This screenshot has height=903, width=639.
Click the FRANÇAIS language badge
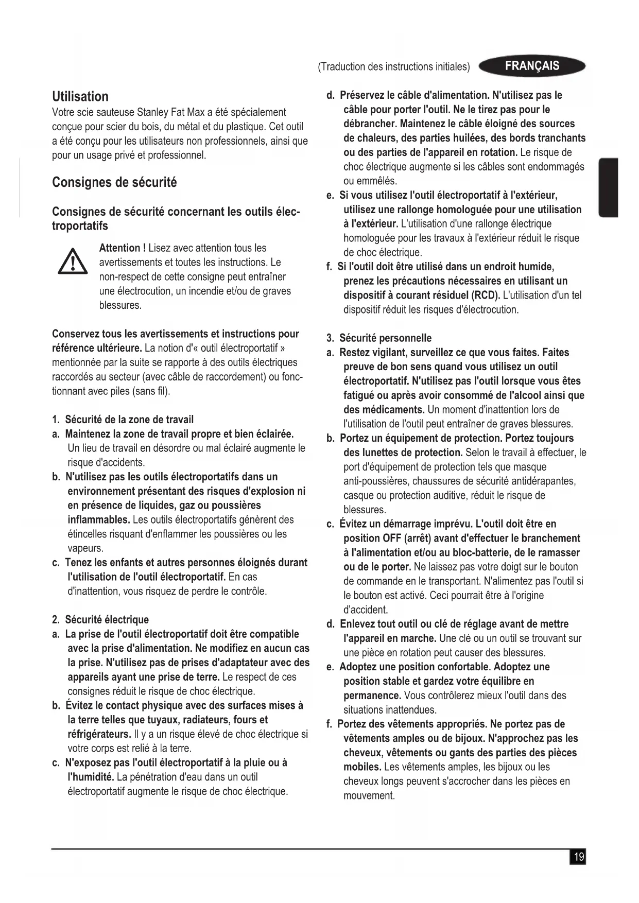click(x=532, y=66)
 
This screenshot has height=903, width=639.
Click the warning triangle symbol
click(x=72, y=262)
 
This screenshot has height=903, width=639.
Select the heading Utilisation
click(x=80, y=96)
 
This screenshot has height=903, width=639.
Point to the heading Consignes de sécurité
click(x=114, y=182)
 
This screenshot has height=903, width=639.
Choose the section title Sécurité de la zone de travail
click(x=129, y=419)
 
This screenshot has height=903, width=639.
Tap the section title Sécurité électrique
click(x=107, y=619)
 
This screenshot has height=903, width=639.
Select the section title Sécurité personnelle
click(x=385, y=338)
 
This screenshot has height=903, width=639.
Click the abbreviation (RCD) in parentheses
click(x=486, y=296)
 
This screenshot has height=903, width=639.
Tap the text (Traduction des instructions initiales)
click(x=394, y=67)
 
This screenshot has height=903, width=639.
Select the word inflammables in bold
click(x=98, y=519)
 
